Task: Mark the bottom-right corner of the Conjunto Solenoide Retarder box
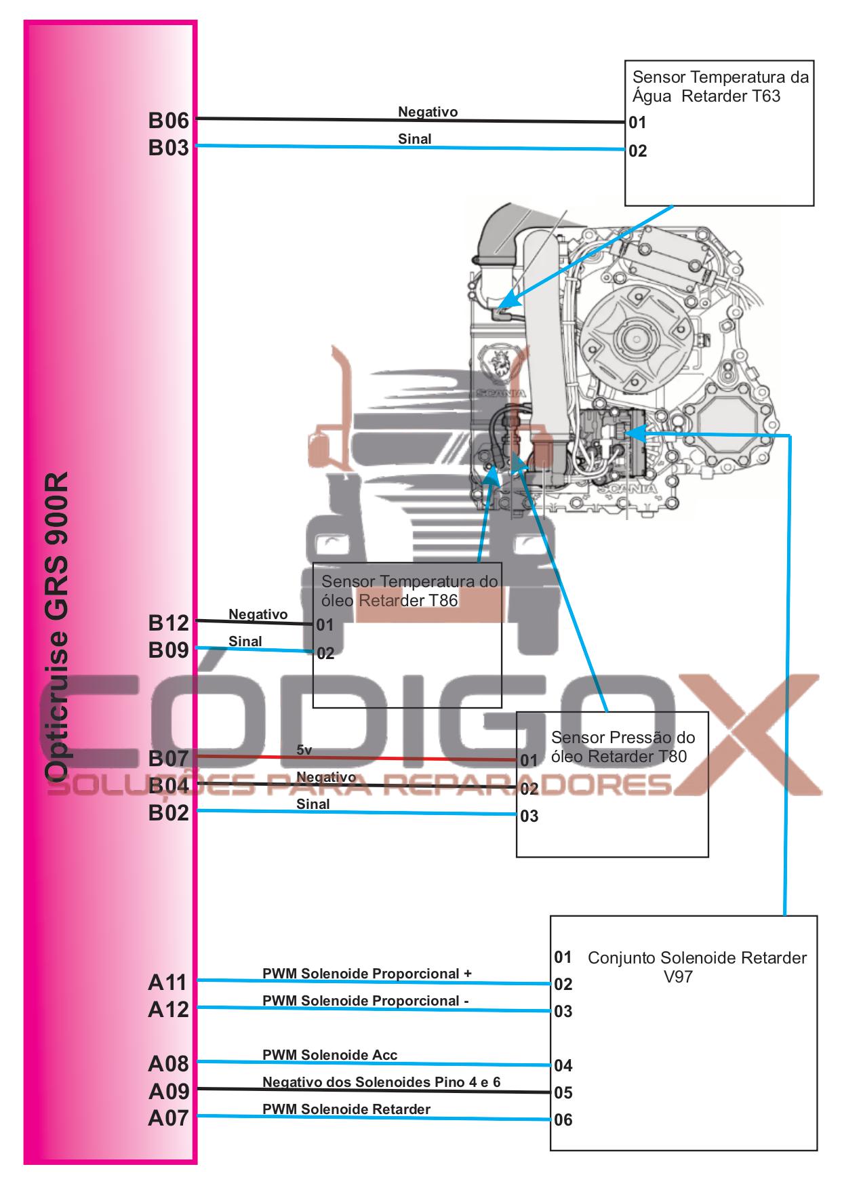click(x=817, y=1150)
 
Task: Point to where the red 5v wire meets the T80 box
click(x=517, y=760)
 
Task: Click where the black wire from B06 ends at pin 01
click(x=625, y=123)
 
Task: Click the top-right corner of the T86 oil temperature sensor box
click(x=502, y=563)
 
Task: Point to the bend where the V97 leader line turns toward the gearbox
click(x=790, y=434)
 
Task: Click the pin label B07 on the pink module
click(x=168, y=758)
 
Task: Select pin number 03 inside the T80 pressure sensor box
click(x=529, y=816)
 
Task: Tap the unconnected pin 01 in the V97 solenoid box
click(x=563, y=957)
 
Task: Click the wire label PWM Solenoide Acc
click(x=330, y=1055)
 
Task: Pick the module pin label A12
click(x=168, y=1009)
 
